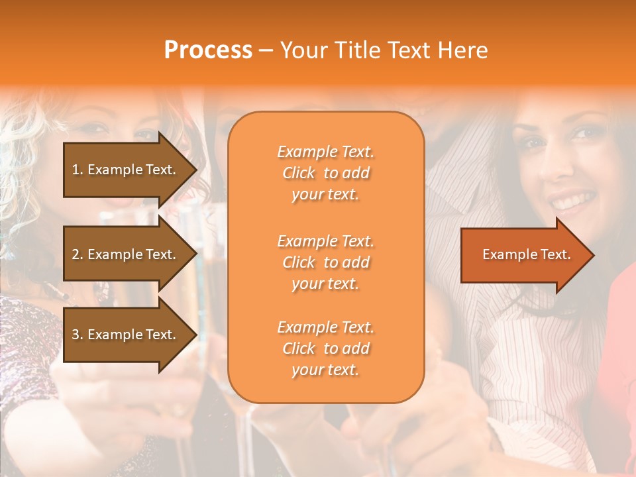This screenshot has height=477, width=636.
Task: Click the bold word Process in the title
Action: pyautogui.click(x=208, y=50)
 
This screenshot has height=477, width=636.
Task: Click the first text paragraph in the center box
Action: pyautogui.click(x=325, y=173)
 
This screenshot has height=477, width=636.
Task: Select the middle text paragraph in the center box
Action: pyautogui.click(x=325, y=262)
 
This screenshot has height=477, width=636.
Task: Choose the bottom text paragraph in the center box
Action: pyautogui.click(x=325, y=348)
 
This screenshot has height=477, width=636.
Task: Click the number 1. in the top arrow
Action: pyautogui.click(x=78, y=170)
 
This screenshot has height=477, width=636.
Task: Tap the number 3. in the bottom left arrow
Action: pyautogui.click(x=78, y=335)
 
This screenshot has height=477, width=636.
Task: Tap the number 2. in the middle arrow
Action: pyautogui.click(x=78, y=254)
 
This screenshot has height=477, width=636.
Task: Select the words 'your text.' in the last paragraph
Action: pyautogui.click(x=325, y=370)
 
